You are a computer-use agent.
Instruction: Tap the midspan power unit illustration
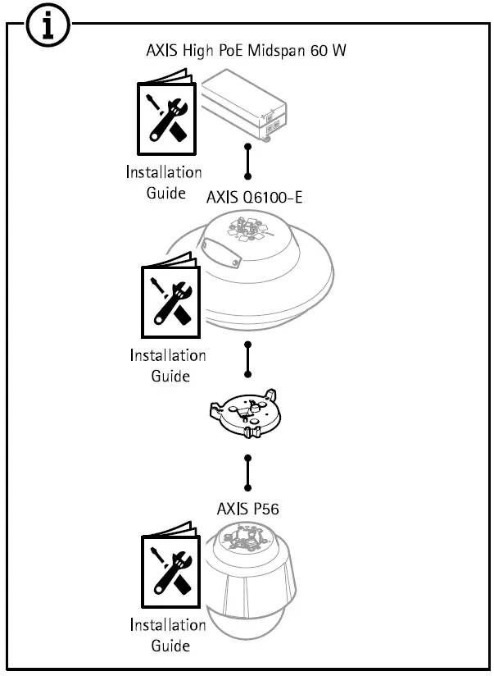click(x=247, y=105)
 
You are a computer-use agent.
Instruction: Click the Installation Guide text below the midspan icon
click(x=163, y=182)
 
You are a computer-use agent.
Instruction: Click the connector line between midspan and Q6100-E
click(x=247, y=162)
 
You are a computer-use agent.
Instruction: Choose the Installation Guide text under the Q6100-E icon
click(x=169, y=366)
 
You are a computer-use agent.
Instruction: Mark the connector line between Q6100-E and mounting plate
click(x=247, y=359)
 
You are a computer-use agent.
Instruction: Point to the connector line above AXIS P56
click(x=247, y=471)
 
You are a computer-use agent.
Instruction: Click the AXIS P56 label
click(x=247, y=509)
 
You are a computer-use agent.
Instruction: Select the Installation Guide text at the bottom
click(x=169, y=634)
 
